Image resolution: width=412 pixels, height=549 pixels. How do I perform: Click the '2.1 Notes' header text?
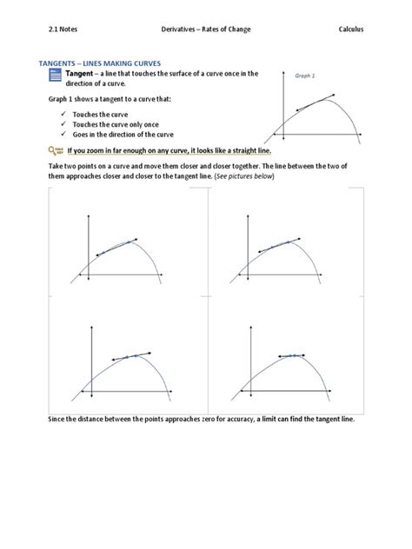tap(66, 29)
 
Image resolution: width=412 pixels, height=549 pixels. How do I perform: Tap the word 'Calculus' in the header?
tap(351, 29)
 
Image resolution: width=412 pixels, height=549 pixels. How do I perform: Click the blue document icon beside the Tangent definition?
tap(56, 79)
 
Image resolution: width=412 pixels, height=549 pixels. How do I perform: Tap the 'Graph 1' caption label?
tap(304, 76)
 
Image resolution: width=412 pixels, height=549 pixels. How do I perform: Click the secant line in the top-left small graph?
tap(115, 248)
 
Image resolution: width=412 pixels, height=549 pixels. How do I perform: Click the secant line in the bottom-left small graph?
tap(130, 356)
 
